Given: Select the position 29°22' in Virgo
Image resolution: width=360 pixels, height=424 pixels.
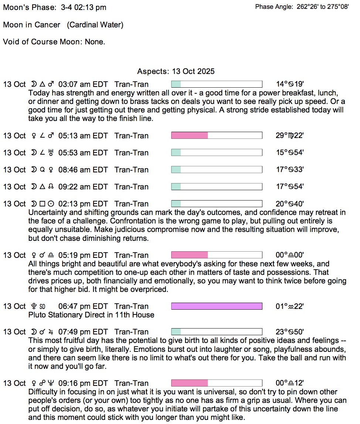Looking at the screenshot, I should point(289,136).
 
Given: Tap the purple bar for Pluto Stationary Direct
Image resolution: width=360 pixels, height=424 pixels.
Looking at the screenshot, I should point(217,306).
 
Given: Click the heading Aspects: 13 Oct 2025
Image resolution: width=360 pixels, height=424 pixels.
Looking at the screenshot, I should point(176,71).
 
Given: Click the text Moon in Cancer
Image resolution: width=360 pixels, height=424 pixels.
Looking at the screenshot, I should point(32,25).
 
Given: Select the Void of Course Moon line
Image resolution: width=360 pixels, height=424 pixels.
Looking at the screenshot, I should point(54,42).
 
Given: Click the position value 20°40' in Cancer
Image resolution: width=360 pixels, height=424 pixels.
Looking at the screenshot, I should point(289,204).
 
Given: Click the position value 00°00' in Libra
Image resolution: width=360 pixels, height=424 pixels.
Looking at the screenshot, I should point(289,255).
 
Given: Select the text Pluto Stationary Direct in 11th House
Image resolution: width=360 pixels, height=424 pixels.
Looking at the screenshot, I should point(91,315).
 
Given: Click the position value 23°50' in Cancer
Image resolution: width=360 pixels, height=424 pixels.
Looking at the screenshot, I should point(289,332).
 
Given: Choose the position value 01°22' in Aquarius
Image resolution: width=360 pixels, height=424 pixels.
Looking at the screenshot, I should point(289,306).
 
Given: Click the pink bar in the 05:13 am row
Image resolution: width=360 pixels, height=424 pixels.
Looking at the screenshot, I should point(190,136).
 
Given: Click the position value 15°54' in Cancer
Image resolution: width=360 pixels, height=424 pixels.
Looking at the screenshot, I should point(289,153).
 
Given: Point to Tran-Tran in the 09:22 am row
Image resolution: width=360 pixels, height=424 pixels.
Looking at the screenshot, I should point(132,187).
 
